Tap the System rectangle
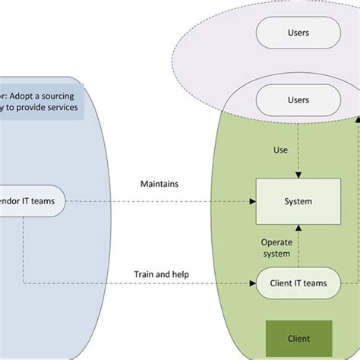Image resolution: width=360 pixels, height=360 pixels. tap(298, 201)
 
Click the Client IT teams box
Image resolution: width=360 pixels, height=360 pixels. tap(298, 283)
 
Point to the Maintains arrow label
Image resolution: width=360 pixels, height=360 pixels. tap(159, 184)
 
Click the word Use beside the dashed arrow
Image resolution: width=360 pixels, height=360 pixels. tap(280, 150)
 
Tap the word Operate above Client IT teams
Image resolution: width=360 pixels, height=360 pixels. tap(277, 243)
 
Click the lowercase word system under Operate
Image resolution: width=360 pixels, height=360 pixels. tap(277, 254)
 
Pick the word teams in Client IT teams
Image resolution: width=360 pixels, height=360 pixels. tap(315, 283)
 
